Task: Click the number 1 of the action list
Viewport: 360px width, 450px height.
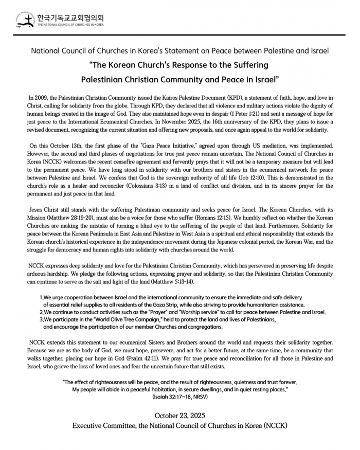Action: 41,298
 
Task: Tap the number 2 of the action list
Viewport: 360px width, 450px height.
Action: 41,312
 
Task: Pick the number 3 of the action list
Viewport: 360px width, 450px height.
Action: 41,319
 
